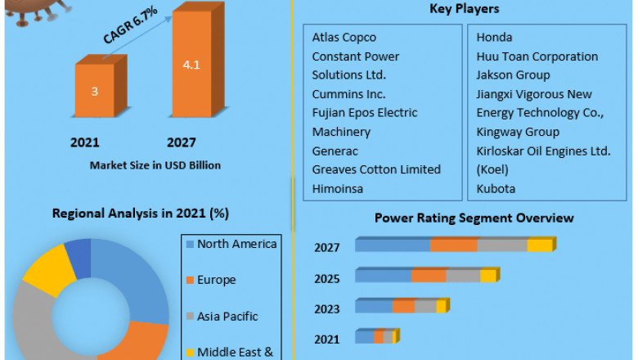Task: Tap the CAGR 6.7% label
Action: [x=129, y=26]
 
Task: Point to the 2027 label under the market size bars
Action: [x=181, y=142]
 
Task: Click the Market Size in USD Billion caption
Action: [x=155, y=165]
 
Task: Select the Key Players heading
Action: [x=464, y=9]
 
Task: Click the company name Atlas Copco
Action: [x=344, y=38]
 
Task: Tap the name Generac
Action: [x=335, y=151]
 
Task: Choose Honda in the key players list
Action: [x=495, y=38]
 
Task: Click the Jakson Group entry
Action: [x=513, y=75]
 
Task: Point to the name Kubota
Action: [x=497, y=188]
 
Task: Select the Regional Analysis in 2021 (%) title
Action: [x=141, y=214]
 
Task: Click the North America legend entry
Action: [x=236, y=244]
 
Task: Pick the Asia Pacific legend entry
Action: [x=227, y=316]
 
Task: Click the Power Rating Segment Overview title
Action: [x=474, y=218]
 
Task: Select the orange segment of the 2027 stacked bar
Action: [x=454, y=245]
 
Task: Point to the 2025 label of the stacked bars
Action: [x=327, y=279]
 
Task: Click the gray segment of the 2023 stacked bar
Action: [x=425, y=307]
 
